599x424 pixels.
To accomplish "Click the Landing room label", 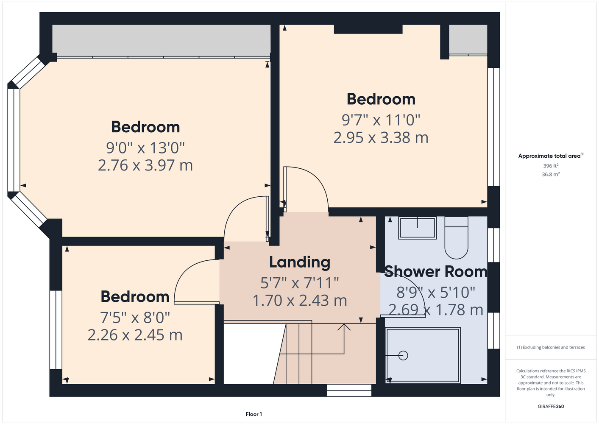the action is coord(299,262).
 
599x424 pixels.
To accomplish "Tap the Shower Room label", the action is coord(436,271).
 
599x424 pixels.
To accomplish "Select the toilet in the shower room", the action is coord(456,237).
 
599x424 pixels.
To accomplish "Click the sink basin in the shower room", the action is coord(417,228).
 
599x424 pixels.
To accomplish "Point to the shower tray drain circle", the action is coord(403,355).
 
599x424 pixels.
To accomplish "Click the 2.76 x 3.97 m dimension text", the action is coord(145,165).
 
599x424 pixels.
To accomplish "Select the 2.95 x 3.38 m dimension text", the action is coord(381,137).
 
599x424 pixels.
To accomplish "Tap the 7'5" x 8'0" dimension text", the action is coord(135,318).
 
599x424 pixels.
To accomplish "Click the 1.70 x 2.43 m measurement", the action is coord(299,301).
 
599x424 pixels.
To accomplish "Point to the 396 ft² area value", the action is coord(551,166).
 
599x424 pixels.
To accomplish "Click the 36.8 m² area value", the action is coord(551,174).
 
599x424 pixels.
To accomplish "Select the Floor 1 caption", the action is coord(254,414).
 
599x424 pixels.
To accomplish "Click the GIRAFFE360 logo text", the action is coord(551,406).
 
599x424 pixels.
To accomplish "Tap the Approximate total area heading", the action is coord(551,156).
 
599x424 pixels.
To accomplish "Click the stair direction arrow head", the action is coord(344,327).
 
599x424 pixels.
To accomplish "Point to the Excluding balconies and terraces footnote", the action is coord(551,347).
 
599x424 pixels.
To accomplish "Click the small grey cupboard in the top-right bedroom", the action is coord(468,39).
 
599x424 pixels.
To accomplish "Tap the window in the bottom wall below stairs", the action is coord(349,391).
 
